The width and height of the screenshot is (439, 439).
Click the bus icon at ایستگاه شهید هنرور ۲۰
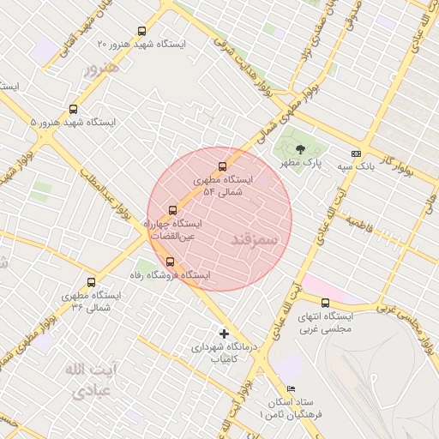[x=142, y=31]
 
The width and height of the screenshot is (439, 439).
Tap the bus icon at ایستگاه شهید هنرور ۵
[x=73, y=110]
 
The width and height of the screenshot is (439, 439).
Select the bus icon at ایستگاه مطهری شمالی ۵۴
[x=223, y=166]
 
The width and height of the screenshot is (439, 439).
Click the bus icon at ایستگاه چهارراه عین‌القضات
[x=173, y=209]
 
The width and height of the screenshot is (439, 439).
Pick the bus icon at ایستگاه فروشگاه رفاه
[x=170, y=262]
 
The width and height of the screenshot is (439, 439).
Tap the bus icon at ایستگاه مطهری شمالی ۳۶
[x=92, y=281]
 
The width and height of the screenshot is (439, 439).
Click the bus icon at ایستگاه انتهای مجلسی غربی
[x=325, y=303]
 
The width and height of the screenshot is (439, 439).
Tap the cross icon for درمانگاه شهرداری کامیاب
[x=225, y=333]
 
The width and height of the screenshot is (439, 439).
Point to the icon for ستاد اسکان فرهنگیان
[x=292, y=388]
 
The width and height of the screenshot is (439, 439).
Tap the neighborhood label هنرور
[x=96, y=68]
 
